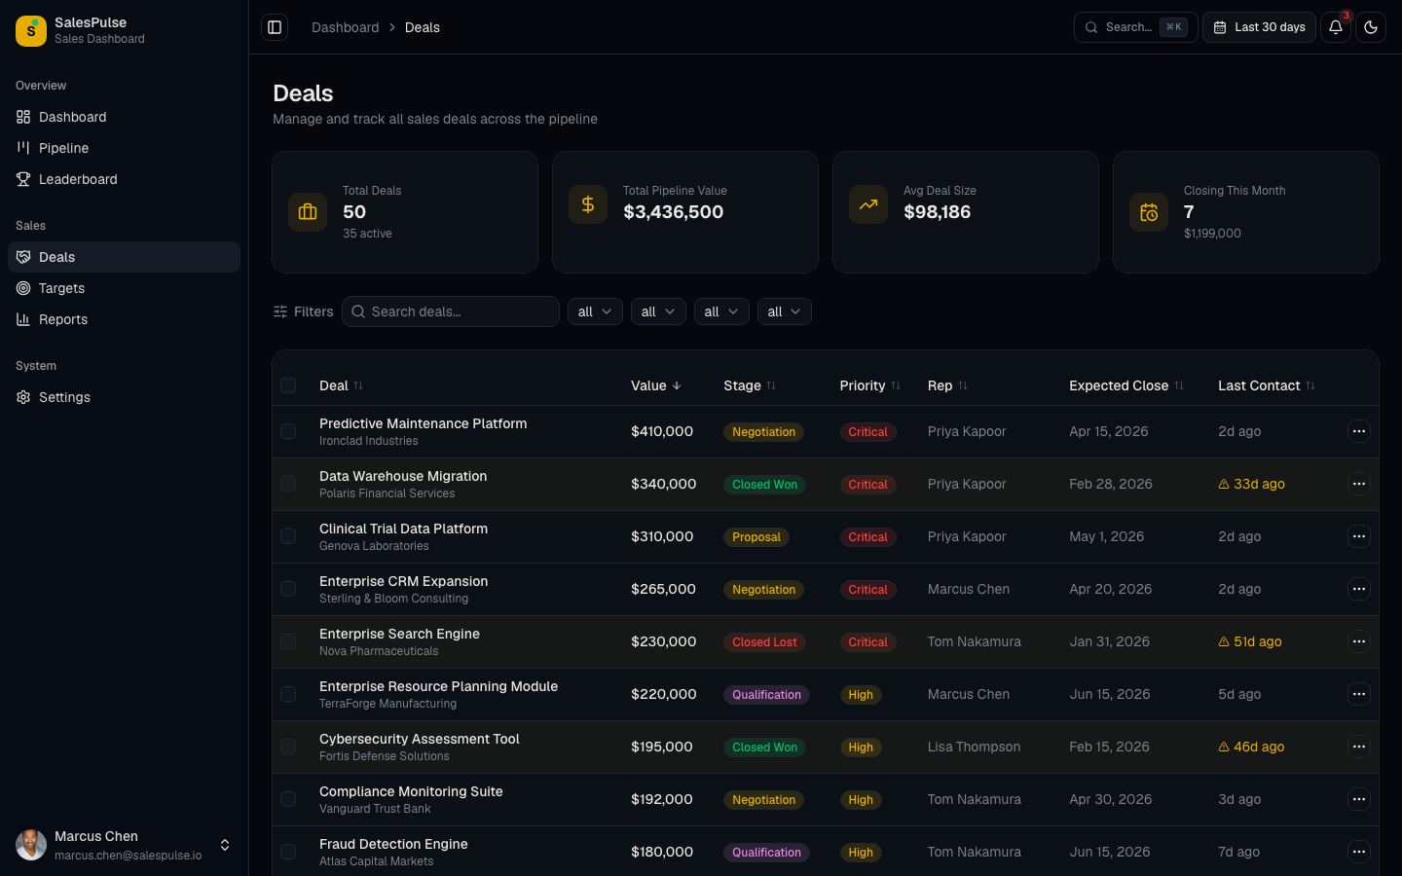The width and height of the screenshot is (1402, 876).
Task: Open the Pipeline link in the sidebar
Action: click(63, 148)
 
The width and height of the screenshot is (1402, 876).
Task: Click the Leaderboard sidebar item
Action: click(78, 179)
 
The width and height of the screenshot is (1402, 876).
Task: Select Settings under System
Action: click(64, 397)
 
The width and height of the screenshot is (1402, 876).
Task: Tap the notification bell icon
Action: click(1336, 27)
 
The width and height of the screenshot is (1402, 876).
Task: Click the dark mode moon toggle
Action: click(1371, 27)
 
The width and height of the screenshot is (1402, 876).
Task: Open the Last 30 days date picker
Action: click(1259, 27)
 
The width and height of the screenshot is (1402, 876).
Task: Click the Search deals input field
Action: click(458, 311)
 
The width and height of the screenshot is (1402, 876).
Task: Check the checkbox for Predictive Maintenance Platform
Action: click(288, 431)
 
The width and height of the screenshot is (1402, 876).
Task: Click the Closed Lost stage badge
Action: click(764, 642)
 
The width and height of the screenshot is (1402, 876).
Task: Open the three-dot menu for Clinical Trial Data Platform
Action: click(1358, 536)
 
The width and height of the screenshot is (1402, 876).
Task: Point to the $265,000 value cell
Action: click(663, 589)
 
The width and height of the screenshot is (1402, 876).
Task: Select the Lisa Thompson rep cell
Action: click(974, 747)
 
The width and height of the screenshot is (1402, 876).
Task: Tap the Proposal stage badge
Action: click(756, 537)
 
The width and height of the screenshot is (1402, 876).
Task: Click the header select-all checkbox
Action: click(288, 385)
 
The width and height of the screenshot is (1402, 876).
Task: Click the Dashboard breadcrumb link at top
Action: click(345, 27)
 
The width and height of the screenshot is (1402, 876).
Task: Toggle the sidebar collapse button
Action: click(275, 27)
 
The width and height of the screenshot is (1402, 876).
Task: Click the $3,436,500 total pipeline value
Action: click(673, 212)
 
